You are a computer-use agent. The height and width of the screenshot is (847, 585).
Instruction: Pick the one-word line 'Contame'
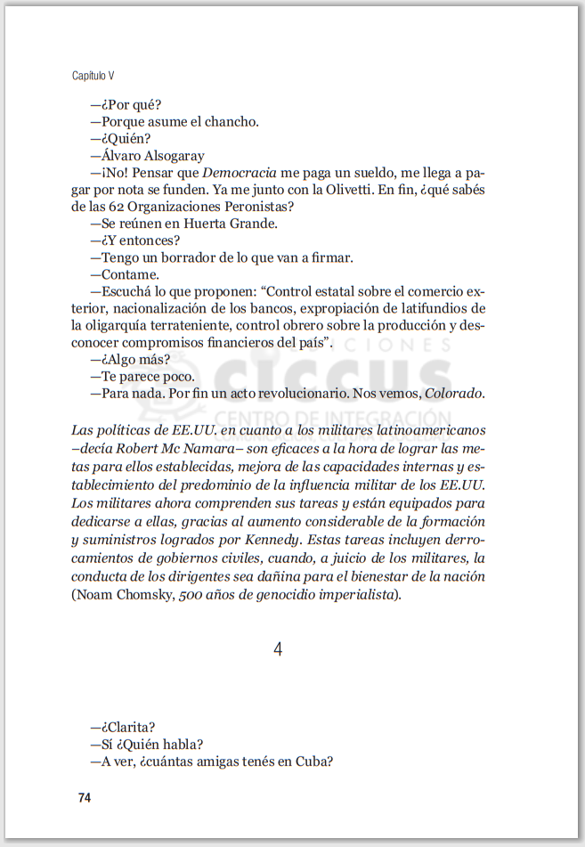pos(130,274)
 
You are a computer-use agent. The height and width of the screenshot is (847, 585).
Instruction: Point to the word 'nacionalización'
pos(152,308)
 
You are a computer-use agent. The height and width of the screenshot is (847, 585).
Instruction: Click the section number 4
pos(278,650)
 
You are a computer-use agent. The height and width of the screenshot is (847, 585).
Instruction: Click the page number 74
pos(85,798)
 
